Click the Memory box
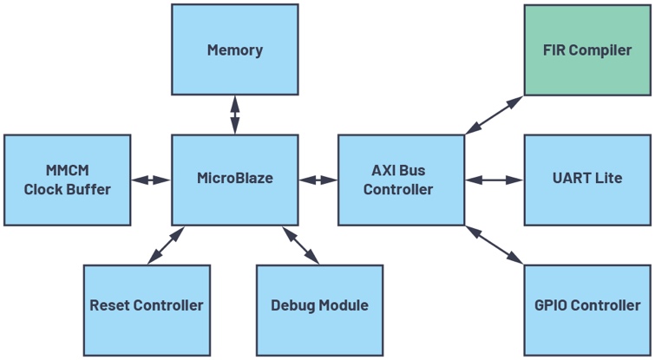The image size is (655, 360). click(x=235, y=49)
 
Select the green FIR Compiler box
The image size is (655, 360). click(x=587, y=50)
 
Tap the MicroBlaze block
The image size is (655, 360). click(x=235, y=180)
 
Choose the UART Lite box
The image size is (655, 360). click(x=587, y=180)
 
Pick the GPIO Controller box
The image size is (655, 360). click(x=587, y=310)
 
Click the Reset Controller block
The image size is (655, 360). click(x=147, y=310)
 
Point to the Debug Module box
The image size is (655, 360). click(x=319, y=310)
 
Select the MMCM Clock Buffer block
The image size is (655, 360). click(x=68, y=180)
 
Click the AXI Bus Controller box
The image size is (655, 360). click(x=401, y=180)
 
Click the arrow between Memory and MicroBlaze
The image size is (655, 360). click(x=235, y=115)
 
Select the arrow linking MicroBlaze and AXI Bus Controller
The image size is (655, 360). click(x=318, y=180)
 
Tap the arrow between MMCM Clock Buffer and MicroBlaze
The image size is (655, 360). click(x=151, y=180)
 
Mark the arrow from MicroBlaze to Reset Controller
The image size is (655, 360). click(x=166, y=245)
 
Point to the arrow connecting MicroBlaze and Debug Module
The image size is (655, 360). click(x=301, y=245)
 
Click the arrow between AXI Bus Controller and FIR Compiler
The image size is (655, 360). click(x=495, y=115)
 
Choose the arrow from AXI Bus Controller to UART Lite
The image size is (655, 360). click(x=495, y=180)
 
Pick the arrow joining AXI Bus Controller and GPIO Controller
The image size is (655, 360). click(x=495, y=245)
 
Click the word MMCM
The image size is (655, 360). click(x=68, y=170)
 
